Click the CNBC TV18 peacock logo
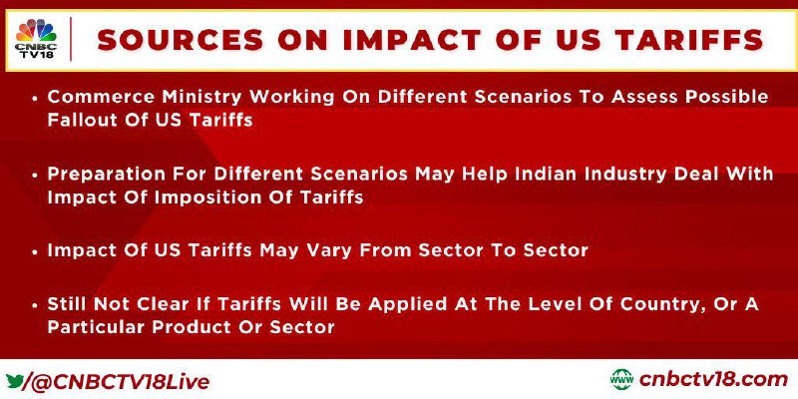(x=36, y=38)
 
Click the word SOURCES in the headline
(x=181, y=40)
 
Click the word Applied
(x=422, y=304)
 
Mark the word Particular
(x=98, y=327)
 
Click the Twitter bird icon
(x=15, y=379)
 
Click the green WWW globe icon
(x=621, y=380)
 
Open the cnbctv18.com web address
(x=713, y=380)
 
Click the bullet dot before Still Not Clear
(x=35, y=306)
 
